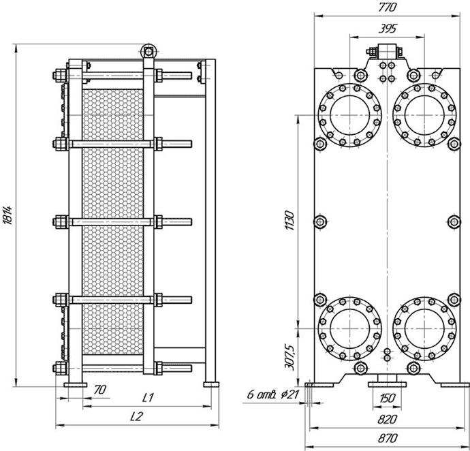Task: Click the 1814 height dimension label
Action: pos(7,215)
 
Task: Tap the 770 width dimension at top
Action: pos(387,7)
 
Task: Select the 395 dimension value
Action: pos(388,29)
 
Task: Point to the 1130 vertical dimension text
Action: pos(290,221)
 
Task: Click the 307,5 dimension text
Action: pos(290,358)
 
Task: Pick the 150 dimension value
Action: pos(388,399)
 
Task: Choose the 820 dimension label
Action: pos(388,420)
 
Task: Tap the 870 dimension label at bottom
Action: pos(388,439)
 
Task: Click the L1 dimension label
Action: pos(148,398)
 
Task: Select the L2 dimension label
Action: pos(137,416)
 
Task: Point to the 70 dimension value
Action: pos(100,390)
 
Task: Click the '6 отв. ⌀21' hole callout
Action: pos(273,394)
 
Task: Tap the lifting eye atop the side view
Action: pos(148,52)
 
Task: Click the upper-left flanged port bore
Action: pos(350,115)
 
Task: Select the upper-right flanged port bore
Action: pos(424,115)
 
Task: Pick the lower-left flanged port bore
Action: pos(350,328)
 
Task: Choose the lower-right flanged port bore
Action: pos(424,328)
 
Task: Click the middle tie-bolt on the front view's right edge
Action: pos(454,222)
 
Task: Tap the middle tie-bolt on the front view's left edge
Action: pos(320,222)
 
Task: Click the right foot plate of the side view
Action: pos(211,384)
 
